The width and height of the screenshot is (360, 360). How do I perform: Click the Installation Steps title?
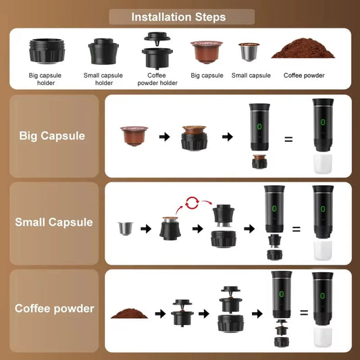pos(178,17)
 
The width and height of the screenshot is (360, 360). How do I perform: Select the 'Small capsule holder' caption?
pos(103,79)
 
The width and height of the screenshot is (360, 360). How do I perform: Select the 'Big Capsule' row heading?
pos(52,136)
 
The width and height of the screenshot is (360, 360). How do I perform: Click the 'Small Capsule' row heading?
pos(54,222)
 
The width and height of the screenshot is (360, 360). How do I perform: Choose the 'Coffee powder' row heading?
pos(55,309)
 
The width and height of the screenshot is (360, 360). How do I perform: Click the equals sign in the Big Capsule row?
pos(288,139)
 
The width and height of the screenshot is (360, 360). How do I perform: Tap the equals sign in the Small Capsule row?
pos(296,229)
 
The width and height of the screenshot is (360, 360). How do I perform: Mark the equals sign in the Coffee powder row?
pos(303,313)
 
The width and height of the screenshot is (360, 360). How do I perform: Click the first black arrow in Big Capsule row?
pos(163,137)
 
